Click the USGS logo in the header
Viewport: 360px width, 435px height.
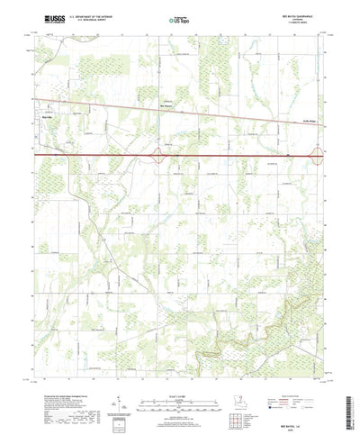[x=42, y=17]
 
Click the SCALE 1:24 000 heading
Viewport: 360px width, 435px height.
[x=179, y=382]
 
